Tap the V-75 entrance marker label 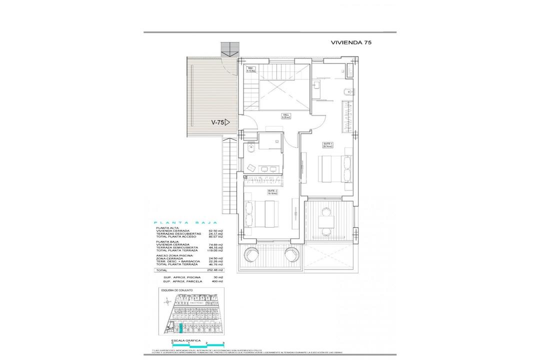[219, 121]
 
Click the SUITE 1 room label [328, 144]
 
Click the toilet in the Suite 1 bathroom [346, 91]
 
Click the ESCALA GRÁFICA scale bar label [183, 339]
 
